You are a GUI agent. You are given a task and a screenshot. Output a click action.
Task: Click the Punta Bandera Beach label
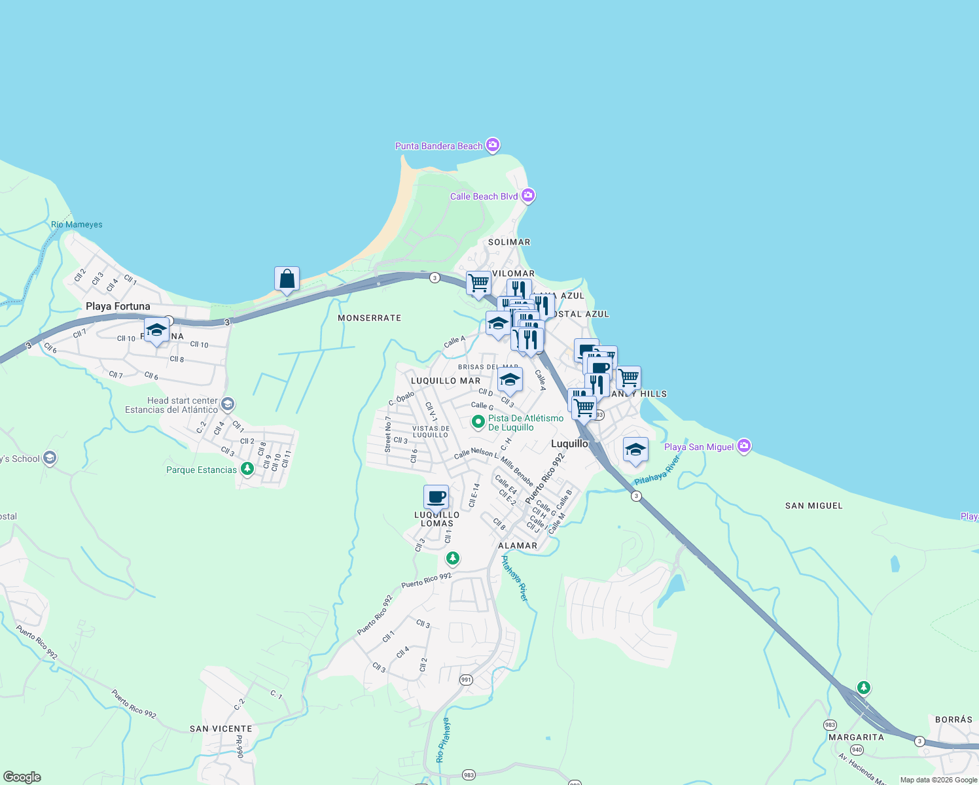438,146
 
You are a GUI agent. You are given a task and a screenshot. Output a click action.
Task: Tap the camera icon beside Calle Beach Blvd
528,196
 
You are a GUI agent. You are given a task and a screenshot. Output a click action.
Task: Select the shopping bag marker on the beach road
287,279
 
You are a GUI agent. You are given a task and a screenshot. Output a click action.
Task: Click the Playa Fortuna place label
118,306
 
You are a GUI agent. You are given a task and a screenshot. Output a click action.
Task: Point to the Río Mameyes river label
77,224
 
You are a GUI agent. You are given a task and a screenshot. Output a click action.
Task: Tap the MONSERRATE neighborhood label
369,318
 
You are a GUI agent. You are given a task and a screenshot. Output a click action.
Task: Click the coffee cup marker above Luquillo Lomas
436,498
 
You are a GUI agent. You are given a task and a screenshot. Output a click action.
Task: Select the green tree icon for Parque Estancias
247,468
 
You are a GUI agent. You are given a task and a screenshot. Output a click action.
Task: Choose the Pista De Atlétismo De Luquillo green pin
478,422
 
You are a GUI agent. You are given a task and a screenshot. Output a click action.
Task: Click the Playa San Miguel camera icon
743,446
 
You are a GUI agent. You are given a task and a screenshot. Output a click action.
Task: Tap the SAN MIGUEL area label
813,506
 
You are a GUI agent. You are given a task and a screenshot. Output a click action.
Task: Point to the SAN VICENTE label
221,729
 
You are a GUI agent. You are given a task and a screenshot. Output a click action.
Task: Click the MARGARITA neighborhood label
856,737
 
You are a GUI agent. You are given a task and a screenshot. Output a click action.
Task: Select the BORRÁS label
953,720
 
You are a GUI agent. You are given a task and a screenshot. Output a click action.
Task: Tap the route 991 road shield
466,680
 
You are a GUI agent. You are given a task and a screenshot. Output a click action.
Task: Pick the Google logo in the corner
22,777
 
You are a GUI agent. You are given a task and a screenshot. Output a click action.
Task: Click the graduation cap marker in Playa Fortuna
156,330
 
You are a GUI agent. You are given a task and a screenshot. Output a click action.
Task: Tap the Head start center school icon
228,404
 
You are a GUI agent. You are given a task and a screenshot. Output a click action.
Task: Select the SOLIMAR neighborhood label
509,242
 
